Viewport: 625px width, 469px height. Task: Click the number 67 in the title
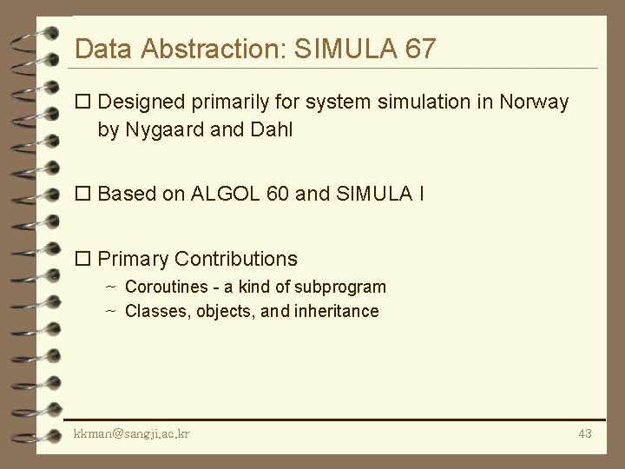tap(420, 49)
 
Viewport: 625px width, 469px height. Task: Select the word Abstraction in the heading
tap(204, 49)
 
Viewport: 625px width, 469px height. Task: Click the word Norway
tap(534, 102)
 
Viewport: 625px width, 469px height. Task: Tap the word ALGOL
tap(221, 194)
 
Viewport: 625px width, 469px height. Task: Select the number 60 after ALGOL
tap(279, 194)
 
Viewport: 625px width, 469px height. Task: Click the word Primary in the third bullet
tap(133, 259)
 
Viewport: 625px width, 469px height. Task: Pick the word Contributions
tap(236, 259)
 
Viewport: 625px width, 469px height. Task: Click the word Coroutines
tap(167, 287)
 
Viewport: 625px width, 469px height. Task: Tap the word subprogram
tap(340, 287)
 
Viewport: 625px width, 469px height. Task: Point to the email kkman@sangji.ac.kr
tap(132, 433)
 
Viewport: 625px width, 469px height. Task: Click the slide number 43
tap(584, 433)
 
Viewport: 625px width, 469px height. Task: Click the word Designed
tap(141, 102)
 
